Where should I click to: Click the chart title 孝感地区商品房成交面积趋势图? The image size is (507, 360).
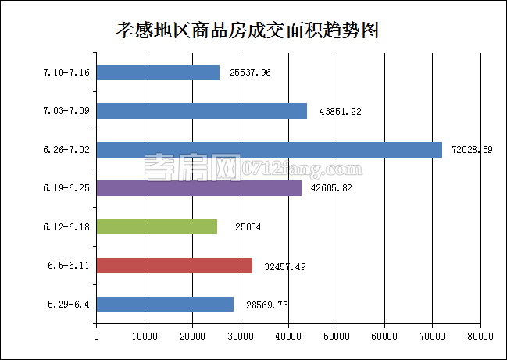(247, 30)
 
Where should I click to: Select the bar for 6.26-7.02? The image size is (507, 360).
(269, 150)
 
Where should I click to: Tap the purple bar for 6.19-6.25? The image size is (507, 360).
(198, 188)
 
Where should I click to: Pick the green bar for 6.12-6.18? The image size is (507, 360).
(156, 226)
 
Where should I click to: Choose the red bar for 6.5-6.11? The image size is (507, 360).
(174, 266)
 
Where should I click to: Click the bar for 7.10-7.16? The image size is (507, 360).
(158, 73)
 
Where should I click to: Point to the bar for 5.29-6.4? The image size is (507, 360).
(165, 304)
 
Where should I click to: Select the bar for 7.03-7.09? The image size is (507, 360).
(202, 111)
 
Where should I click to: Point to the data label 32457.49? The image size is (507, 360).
(285, 266)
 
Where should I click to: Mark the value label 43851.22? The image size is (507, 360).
(341, 112)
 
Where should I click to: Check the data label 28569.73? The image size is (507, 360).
(267, 305)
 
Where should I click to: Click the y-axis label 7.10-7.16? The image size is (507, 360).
(66, 73)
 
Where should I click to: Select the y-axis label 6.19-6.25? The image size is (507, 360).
(67, 189)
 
